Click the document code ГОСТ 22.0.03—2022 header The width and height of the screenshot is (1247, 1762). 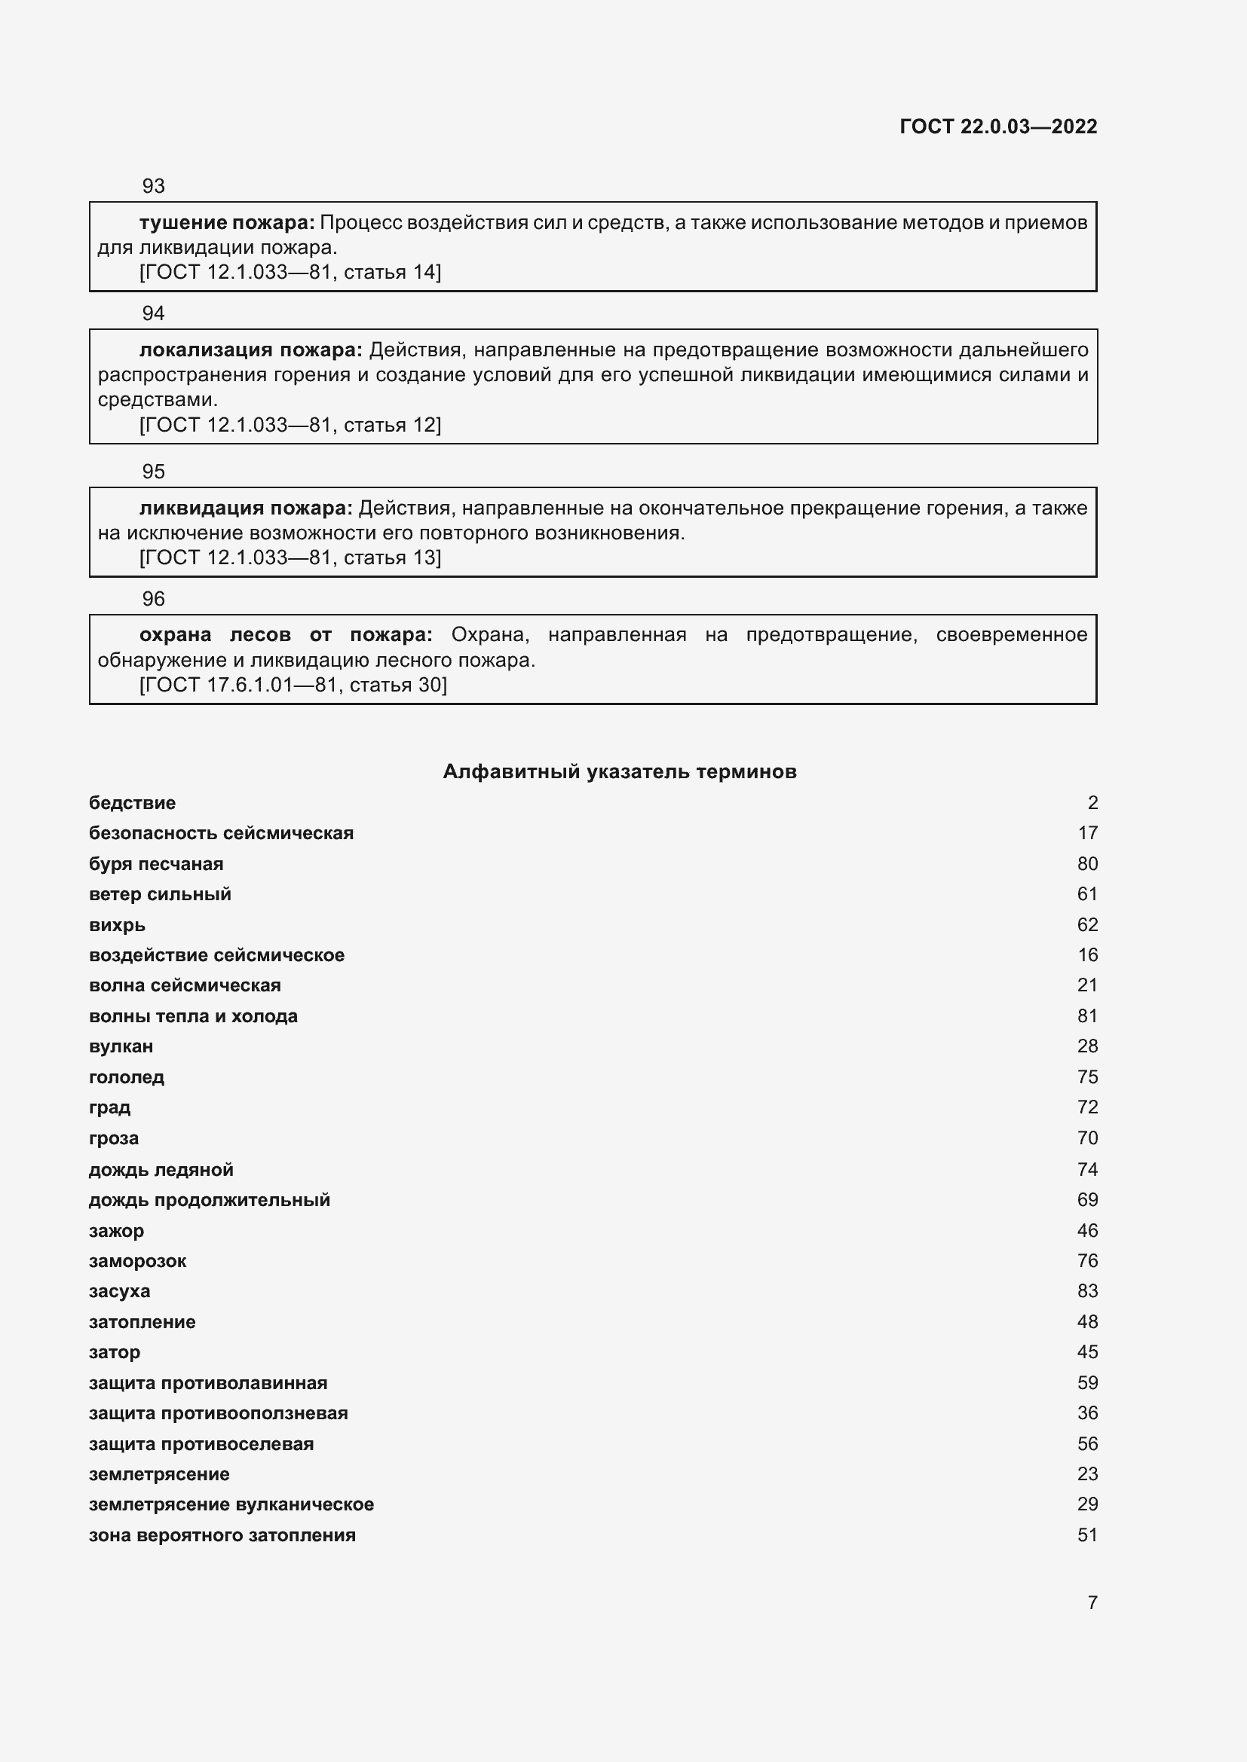[x=997, y=127]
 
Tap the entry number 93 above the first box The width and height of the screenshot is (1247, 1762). [x=154, y=186]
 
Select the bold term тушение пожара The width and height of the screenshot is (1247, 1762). [x=226, y=222]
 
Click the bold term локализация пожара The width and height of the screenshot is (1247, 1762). [x=250, y=350]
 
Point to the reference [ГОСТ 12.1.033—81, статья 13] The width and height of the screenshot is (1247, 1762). [x=290, y=557]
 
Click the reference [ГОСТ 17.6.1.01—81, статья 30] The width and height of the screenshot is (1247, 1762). [x=293, y=685]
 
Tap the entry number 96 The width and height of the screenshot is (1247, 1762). [x=154, y=599]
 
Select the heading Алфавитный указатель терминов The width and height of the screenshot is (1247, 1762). [x=620, y=771]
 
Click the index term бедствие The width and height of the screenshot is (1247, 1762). [x=132, y=803]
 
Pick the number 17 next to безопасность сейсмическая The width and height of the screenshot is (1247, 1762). [x=1087, y=832]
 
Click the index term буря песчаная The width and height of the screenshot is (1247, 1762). [x=156, y=863]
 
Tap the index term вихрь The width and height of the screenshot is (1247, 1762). [x=117, y=925]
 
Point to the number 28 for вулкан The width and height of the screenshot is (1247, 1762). [x=1087, y=1046]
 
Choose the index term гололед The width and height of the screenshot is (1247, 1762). [x=127, y=1076]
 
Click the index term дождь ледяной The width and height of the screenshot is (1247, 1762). [x=161, y=1170]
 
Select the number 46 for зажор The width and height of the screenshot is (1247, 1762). [x=1087, y=1230]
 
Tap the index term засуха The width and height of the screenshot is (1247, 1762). [x=120, y=1291]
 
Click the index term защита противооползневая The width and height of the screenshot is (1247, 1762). [x=218, y=1412]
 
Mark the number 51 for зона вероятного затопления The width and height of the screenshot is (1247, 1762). [x=1087, y=1534]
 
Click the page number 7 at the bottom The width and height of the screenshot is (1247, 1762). [x=1092, y=1602]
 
